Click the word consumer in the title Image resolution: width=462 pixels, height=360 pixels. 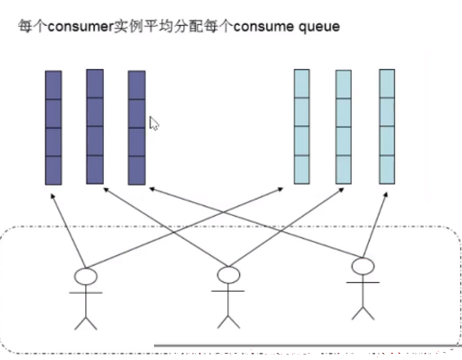tap(81, 27)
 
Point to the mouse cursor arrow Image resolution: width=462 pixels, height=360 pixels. tap(154, 124)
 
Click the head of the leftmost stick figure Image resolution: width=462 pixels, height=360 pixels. tap(86, 276)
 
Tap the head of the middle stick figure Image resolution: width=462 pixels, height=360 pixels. tap(228, 275)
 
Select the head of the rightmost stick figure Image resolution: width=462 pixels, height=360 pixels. tap(363, 266)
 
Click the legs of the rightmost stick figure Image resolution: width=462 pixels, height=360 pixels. tap(363, 313)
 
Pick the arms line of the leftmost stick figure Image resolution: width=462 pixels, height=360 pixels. tap(86, 293)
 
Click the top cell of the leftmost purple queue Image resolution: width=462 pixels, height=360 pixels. tap(54, 85)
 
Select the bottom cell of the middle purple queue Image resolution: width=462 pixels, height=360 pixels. tap(95, 169)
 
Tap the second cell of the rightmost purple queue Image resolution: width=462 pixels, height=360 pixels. tap(137, 114)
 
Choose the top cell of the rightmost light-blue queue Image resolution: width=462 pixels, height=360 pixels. tap(387, 83)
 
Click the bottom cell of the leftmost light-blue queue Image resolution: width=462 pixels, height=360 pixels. tap(302, 169)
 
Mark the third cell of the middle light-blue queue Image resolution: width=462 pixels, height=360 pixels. tap(344, 141)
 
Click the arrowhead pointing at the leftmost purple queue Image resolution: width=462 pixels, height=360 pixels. tap(53, 196)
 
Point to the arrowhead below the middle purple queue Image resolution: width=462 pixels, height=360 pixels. tap(107, 190)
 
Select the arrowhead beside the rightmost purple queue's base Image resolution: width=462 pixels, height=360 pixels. tap(152, 189)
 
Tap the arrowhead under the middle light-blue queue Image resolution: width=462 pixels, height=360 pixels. tap(341, 190)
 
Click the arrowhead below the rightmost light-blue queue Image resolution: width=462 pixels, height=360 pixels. tap(385, 195)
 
